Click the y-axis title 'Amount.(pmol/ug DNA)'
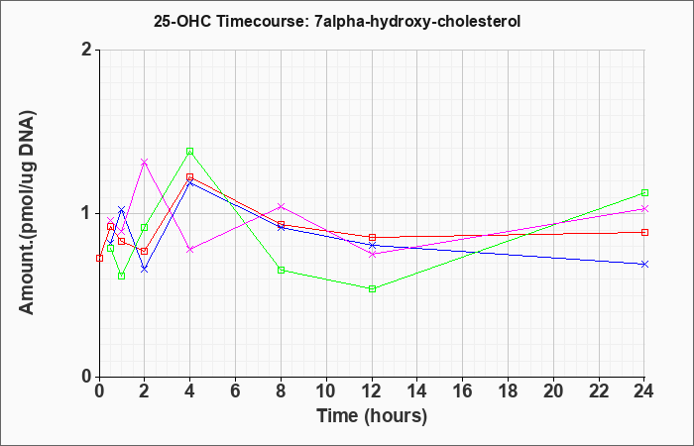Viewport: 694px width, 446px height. tap(27, 213)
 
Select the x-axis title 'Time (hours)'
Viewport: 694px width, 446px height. tap(372, 416)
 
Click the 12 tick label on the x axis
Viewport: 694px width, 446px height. tap(372, 391)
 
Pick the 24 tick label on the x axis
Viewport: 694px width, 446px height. tap(644, 391)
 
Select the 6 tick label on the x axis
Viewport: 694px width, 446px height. tap(236, 391)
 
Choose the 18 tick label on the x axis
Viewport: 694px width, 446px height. tap(508, 391)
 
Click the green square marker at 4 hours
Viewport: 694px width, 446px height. tap(190, 152)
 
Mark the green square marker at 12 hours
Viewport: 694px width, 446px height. tap(372, 289)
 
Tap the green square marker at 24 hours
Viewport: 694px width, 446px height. tap(644, 193)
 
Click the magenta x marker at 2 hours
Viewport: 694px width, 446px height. tap(145, 163)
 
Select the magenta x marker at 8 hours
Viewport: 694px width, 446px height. tap(281, 206)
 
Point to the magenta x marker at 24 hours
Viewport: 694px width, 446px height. tap(644, 209)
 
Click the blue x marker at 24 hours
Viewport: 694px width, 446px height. tap(644, 265)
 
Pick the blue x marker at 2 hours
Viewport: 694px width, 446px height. tap(145, 269)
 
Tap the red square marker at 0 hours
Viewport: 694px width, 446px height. tap(99, 258)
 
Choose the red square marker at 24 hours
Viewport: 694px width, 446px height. tap(644, 232)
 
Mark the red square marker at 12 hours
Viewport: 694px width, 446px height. tap(372, 238)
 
